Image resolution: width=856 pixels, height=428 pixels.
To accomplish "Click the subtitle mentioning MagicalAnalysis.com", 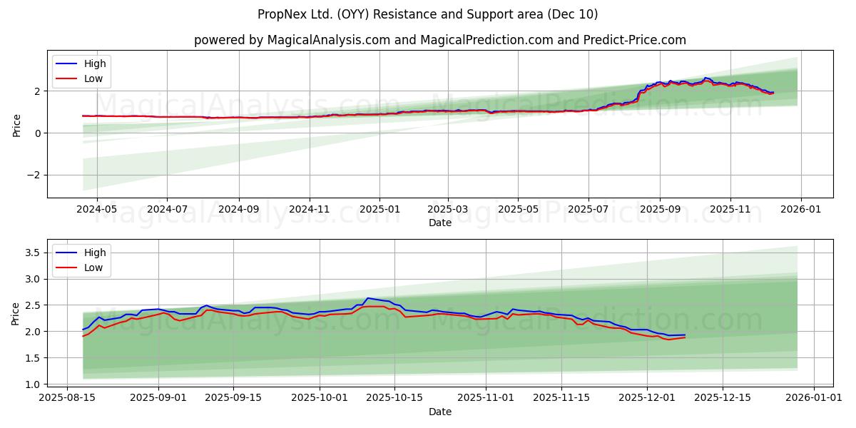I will tap(439, 40).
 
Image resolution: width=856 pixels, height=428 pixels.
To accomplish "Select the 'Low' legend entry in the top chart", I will tap(93, 78).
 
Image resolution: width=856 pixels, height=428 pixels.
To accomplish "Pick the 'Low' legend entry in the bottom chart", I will tap(93, 267).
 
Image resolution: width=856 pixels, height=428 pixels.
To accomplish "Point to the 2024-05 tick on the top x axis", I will tap(97, 210).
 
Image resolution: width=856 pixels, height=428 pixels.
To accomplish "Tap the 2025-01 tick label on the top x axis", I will tap(379, 210).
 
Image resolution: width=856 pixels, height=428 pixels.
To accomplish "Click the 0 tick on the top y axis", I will tap(39, 133).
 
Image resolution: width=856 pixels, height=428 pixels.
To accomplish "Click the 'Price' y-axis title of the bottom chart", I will tap(16, 313).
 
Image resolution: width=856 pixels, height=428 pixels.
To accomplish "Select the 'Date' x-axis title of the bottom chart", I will tap(439, 412).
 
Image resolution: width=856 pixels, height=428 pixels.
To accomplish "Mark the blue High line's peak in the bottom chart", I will tap(368, 298).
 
